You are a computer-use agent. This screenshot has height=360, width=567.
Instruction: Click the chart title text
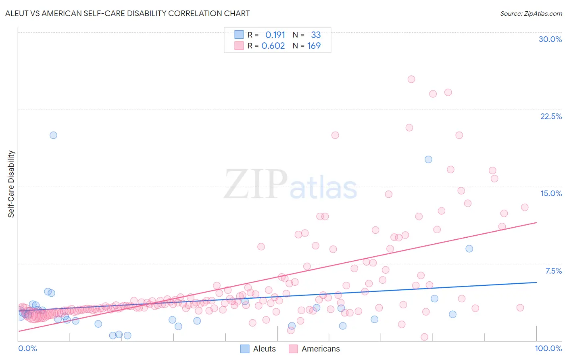pyautogui.click(x=127, y=13)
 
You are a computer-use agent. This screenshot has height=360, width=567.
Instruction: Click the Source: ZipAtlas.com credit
pyautogui.click(x=531, y=13)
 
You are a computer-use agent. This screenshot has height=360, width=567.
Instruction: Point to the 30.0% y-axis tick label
pyautogui.click(x=550, y=39)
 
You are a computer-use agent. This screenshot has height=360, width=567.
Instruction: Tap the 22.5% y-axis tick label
pyautogui.click(x=551, y=116)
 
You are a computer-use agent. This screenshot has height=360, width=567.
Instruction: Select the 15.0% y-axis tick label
pyautogui.click(x=551, y=193)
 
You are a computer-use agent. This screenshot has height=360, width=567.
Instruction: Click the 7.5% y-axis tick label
pyautogui.click(x=553, y=271)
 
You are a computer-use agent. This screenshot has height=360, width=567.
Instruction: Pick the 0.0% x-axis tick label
pyautogui.click(x=27, y=348)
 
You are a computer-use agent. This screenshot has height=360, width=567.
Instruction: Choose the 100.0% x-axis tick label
pyautogui.click(x=548, y=348)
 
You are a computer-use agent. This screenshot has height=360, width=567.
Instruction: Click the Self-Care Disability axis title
pyautogui.click(x=11, y=184)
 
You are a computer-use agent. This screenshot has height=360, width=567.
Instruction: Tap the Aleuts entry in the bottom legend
pyautogui.click(x=264, y=349)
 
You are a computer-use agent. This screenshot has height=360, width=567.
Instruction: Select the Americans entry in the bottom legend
pyautogui.click(x=321, y=349)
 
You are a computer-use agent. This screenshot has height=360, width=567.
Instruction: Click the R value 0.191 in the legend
pyautogui.click(x=275, y=35)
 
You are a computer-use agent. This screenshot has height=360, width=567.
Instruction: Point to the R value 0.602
pyautogui.click(x=273, y=46)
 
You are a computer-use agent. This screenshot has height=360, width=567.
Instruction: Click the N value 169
pyautogui.click(x=314, y=46)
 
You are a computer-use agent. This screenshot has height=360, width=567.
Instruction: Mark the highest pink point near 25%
pyautogui.click(x=411, y=79)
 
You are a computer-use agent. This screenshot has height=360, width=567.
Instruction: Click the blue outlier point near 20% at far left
pyautogui.click(x=53, y=135)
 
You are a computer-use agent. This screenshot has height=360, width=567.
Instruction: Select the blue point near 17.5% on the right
pyautogui.click(x=428, y=159)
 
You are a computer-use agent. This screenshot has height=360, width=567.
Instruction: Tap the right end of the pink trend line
pyautogui.click(x=536, y=222)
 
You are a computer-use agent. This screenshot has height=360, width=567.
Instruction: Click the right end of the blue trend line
pyautogui.click(x=536, y=283)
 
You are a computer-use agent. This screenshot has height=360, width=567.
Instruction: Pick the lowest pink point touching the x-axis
pyautogui.click(x=424, y=337)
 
